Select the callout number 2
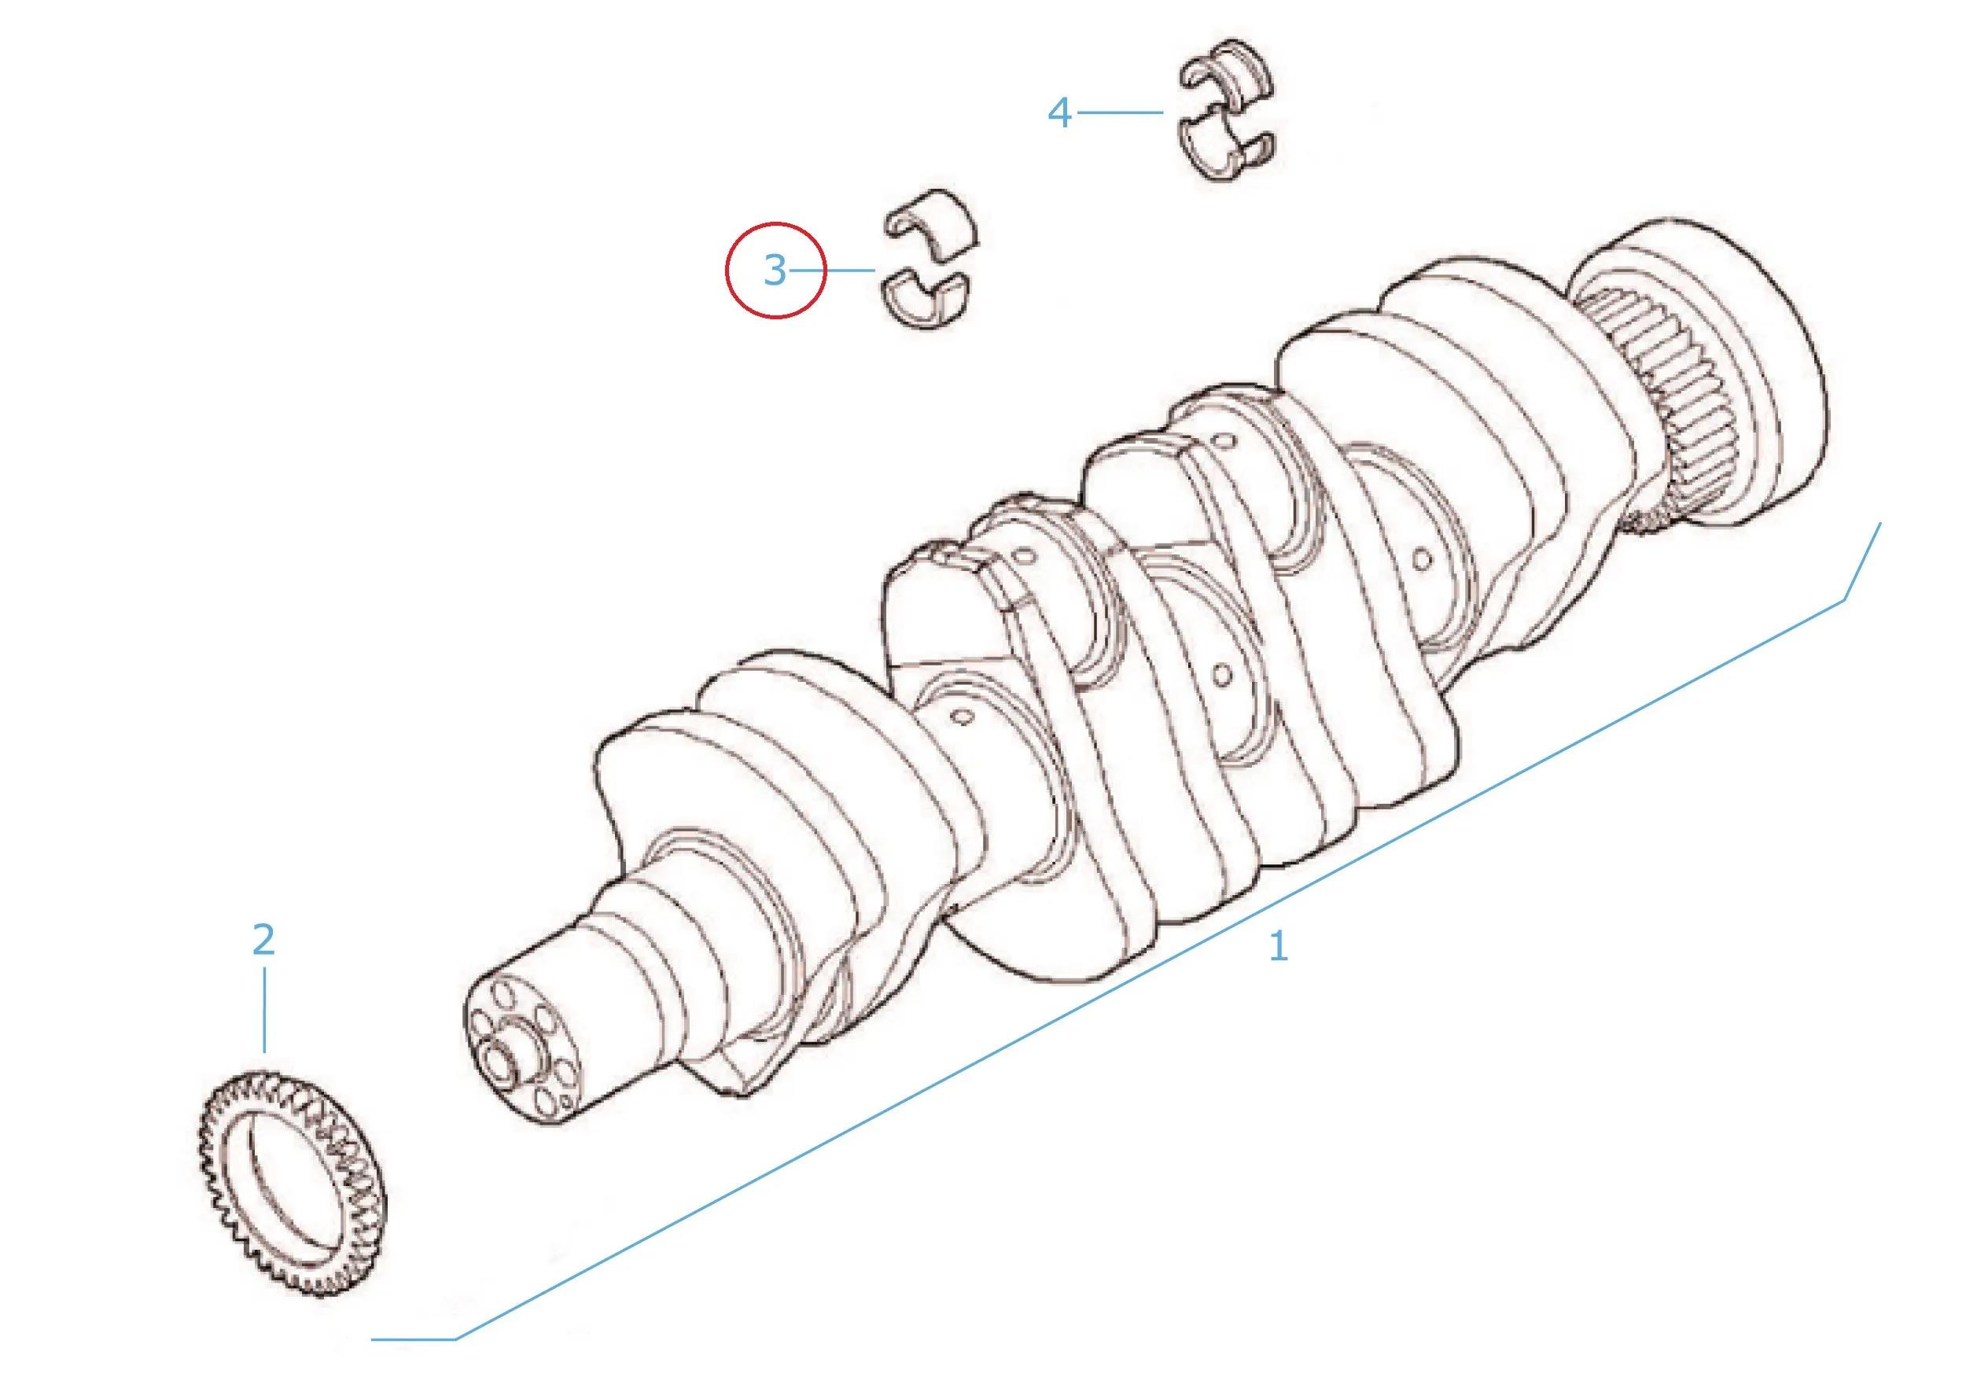(263, 940)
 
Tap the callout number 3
(774, 271)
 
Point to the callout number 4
(1060, 113)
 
